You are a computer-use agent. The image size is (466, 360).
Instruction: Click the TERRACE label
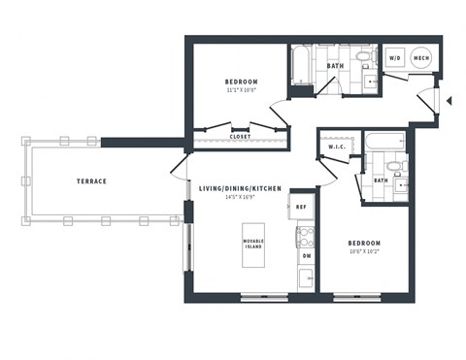point(91,181)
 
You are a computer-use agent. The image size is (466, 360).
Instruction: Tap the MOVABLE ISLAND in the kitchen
point(253,243)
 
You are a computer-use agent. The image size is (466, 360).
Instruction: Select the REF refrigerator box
point(302,207)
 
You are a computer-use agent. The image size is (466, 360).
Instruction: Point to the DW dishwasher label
point(306,256)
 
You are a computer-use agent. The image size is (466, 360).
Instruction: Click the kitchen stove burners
point(306,234)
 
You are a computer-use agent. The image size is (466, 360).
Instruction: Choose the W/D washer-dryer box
point(396,58)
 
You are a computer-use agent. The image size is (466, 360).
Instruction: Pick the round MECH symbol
point(422,58)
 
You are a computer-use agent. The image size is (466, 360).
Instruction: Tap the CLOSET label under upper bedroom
point(241,137)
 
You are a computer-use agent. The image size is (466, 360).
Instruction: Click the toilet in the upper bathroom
point(362,59)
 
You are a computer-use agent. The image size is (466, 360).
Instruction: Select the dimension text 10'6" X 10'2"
point(364,252)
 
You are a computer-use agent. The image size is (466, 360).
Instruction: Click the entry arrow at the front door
point(449,97)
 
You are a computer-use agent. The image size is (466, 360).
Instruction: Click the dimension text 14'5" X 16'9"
point(240,197)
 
